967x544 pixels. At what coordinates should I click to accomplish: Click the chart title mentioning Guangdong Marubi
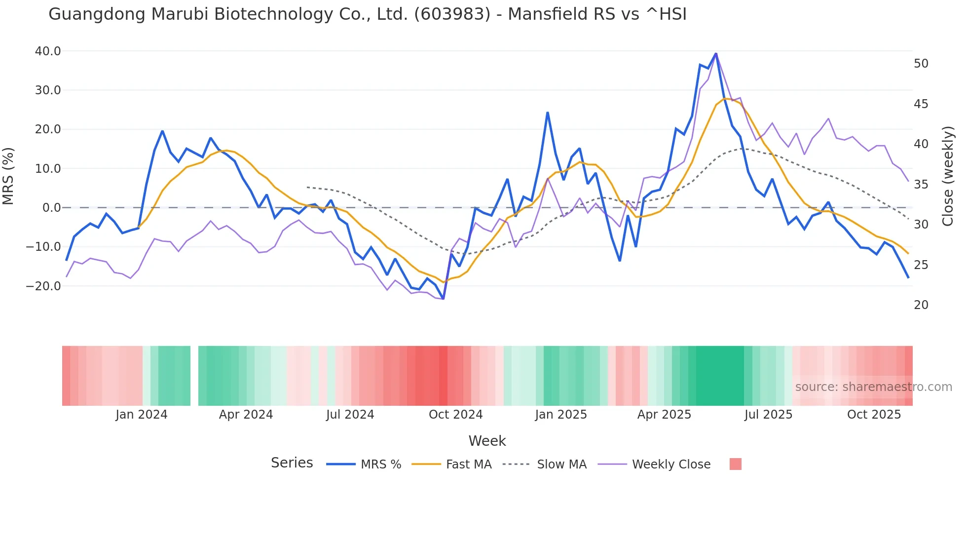tap(367, 14)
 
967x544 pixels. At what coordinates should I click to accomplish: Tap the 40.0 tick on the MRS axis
tap(48, 51)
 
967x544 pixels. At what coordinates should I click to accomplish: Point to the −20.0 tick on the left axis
tap(43, 286)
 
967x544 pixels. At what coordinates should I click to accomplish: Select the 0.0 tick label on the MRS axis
tap(52, 208)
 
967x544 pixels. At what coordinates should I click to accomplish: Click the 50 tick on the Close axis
tap(921, 64)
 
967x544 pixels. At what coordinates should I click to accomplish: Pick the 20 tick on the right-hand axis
tap(921, 305)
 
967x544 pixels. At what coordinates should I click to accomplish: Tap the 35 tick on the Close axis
tap(921, 185)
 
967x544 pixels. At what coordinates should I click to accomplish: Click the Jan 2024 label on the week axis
tap(142, 415)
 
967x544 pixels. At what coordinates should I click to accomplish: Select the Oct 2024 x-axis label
tap(455, 415)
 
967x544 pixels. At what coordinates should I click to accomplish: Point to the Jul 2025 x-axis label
tap(768, 415)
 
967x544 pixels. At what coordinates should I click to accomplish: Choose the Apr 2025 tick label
tap(664, 415)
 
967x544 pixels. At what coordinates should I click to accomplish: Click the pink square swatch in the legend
tap(735, 464)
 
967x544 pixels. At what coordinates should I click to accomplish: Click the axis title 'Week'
tap(487, 441)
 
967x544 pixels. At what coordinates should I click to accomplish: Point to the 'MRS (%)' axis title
tap(8, 176)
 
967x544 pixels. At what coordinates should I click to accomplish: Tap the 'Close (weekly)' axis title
tap(948, 176)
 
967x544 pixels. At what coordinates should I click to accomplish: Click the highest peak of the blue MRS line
tap(716, 53)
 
